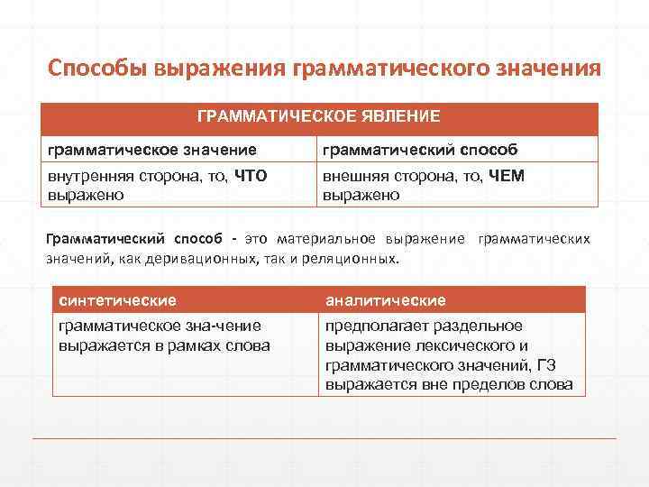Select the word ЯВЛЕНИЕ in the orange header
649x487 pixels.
398,116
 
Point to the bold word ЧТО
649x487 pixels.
250,176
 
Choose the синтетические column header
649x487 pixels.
117,299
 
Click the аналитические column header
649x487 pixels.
386,299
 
